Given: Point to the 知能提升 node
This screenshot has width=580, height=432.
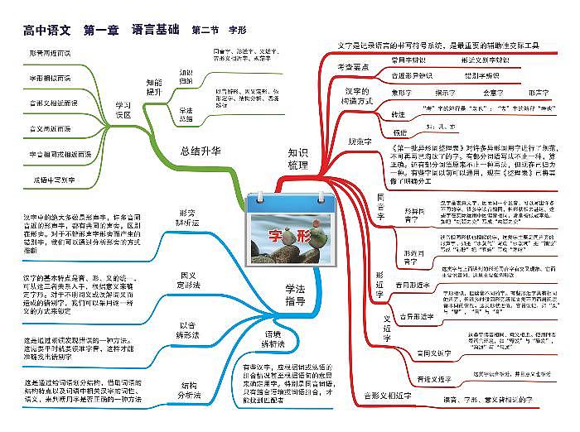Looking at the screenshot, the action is coord(154,87).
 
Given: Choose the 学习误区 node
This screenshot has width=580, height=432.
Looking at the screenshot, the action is coord(123,110).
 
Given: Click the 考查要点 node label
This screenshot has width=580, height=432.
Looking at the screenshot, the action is coord(353,66).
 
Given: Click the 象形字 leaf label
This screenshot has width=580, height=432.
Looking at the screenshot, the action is coord(402,94).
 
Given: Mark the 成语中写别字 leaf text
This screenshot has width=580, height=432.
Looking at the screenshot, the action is coord(55,179).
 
